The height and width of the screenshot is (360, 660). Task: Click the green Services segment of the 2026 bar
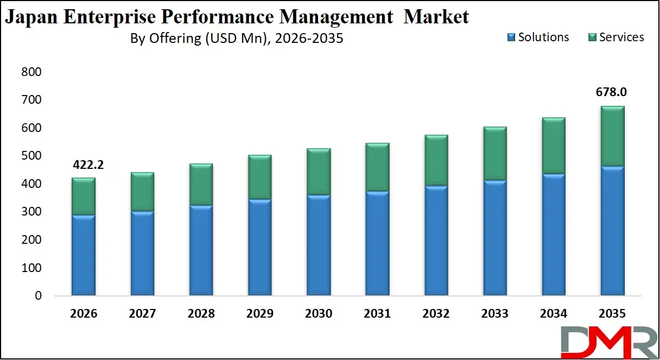click(84, 196)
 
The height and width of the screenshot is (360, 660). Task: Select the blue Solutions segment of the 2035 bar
click(612, 231)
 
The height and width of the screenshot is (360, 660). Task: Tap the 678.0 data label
click(612, 93)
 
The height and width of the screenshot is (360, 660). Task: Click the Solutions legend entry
click(538, 37)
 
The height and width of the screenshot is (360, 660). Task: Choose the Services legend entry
click(615, 37)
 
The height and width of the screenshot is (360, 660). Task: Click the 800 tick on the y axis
click(31, 72)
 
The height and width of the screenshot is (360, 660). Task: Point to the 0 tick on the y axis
click(38, 296)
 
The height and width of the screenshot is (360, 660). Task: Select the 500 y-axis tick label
click(31, 156)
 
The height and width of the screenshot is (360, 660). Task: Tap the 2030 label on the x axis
click(319, 314)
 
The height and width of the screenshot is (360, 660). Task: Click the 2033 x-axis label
click(494, 314)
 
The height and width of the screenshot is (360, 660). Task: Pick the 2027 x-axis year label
click(142, 314)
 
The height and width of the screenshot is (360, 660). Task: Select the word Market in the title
click(437, 17)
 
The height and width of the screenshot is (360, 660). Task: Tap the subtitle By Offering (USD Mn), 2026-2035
click(236, 39)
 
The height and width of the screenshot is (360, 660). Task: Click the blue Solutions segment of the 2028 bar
click(201, 250)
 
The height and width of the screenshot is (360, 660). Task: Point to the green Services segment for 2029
click(259, 177)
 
